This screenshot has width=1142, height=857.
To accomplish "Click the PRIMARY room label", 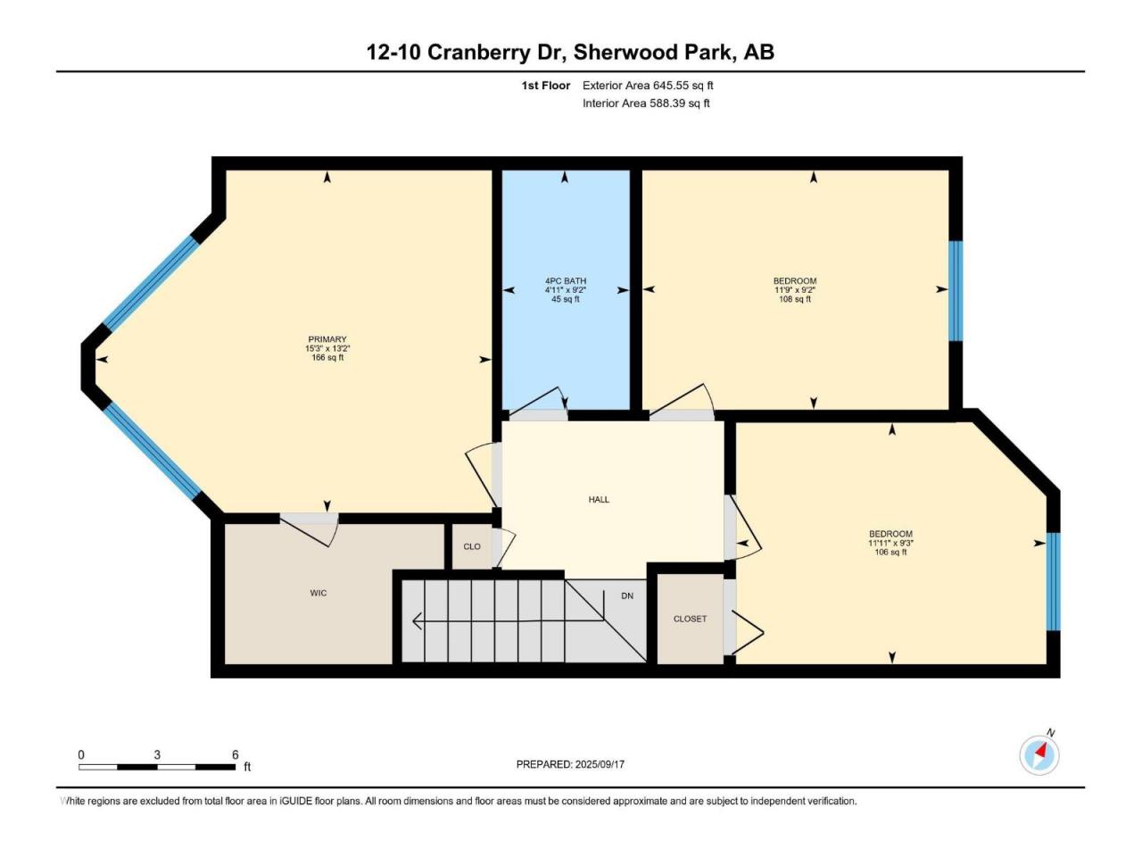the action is (327, 339).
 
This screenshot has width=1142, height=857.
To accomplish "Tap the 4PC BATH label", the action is (566, 281).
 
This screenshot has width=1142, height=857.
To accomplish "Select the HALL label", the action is (599, 500).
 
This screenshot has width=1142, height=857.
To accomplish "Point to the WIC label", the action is (319, 593).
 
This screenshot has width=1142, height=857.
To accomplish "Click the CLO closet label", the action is (472, 546).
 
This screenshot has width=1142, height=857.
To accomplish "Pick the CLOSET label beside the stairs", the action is (690, 619).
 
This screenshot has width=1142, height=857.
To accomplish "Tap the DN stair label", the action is (627, 595).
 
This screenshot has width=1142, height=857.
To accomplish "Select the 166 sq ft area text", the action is (327, 357).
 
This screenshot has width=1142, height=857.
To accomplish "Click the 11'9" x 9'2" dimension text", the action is (795, 290).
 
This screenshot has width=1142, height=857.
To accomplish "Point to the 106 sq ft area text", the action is (890, 552).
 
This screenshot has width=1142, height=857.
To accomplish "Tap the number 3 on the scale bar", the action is (157, 754).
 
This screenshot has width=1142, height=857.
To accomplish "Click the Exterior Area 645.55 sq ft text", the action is (648, 86).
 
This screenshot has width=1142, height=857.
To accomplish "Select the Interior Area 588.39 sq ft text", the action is (646, 103).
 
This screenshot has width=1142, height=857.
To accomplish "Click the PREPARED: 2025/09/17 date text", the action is (570, 764).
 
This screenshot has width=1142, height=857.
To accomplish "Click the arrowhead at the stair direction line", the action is (417, 620).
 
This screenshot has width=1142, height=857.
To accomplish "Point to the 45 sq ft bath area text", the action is (566, 299).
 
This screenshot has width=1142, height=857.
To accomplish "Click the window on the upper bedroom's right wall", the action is (956, 291).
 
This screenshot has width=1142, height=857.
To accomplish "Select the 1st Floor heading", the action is (546, 86).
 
